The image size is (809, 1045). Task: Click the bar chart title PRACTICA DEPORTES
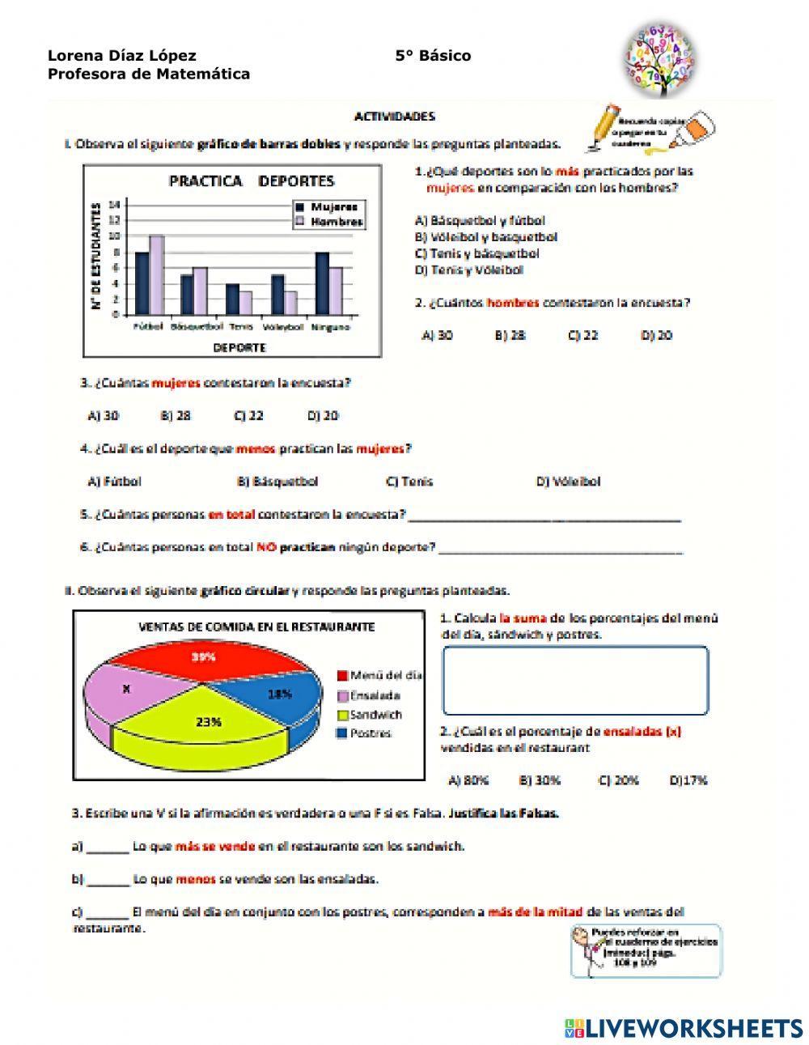point(251,181)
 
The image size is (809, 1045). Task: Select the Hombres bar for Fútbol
point(156,275)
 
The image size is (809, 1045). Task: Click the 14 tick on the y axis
point(114,204)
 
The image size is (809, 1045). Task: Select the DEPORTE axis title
point(239,347)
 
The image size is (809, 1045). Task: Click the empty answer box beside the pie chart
point(575,680)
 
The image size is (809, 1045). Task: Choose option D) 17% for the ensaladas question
point(688,780)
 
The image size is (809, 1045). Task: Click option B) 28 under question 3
point(176,416)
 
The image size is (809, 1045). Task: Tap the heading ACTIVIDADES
point(395,117)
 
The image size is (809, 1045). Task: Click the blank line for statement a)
point(108,848)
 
